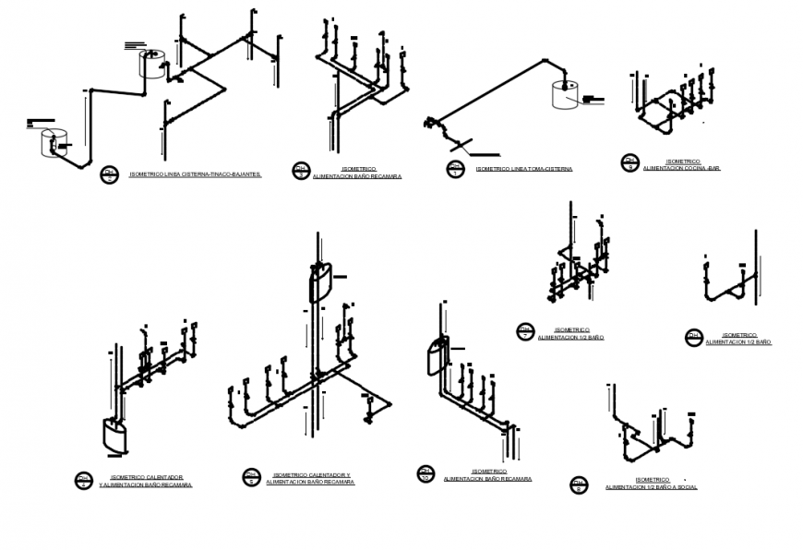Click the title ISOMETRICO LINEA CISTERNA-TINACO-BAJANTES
click(195, 173)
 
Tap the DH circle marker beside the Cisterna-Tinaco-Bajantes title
click(110, 174)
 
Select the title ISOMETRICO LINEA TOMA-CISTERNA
click(523, 169)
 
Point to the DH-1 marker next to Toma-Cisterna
click(455, 169)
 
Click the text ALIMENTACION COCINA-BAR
click(681, 169)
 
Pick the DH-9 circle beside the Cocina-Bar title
click(630, 163)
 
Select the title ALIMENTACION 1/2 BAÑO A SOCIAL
click(652, 486)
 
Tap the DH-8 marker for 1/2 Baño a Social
click(579, 484)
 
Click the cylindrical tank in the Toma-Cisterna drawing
click(565, 95)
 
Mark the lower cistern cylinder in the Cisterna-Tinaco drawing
click(54, 143)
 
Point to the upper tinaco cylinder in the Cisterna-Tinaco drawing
click(150, 64)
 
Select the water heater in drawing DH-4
click(113, 436)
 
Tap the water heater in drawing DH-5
click(319, 281)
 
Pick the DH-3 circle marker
click(301, 171)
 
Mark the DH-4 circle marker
click(84, 480)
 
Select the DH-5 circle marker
click(251, 477)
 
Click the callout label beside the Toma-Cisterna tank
click(593, 98)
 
